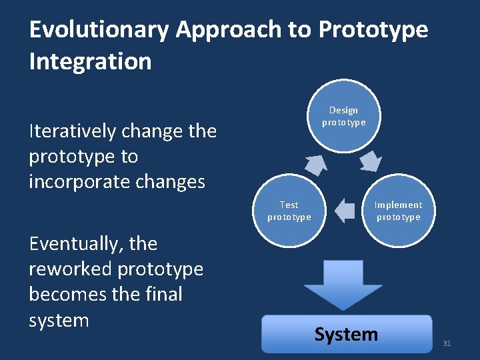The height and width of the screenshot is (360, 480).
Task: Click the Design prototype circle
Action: pyautogui.click(x=343, y=116)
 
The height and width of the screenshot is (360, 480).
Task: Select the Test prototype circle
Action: pyautogui.click(x=289, y=211)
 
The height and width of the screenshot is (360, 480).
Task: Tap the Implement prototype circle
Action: pyautogui.click(x=398, y=211)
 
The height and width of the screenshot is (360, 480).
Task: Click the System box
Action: pyautogui.click(x=346, y=334)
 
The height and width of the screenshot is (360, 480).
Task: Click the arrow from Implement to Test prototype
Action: pyautogui.click(x=345, y=211)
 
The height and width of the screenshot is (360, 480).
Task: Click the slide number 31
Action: pyautogui.click(x=447, y=343)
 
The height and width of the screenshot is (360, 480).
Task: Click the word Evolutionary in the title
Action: pyautogui.click(x=99, y=30)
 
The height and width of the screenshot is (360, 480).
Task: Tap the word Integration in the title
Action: pyautogui.click(x=90, y=61)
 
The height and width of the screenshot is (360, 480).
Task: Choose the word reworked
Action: pyautogui.click(x=70, y=269)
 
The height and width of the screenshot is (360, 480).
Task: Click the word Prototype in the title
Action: pyautogui.click(x=373, y=30)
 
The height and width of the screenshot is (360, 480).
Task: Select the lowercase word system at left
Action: pyautogui.click(x=59, y=320)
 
